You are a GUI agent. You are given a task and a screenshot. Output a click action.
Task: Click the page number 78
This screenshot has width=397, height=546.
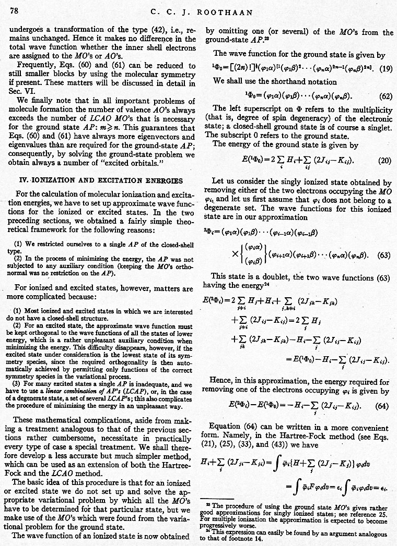(14, 10)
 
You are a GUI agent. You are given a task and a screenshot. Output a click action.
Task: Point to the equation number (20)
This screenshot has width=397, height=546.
(384, 161)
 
